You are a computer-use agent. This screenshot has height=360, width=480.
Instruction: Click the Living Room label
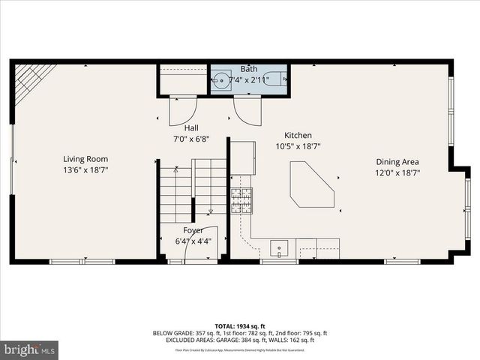pyautogui.click(x=85, y=159)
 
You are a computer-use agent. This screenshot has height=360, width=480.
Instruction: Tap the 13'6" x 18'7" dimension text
pyautogui.click(x=85, y=170)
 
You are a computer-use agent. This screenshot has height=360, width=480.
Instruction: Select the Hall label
pyautogui.click(x=190, y=128)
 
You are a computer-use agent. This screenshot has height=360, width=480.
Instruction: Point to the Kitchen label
pyautogui.click(x=298, y=135)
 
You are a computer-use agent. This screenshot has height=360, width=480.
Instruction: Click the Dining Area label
pyautogui.click(x=397, y=161)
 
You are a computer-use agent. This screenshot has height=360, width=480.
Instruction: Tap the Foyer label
pyautogui.click(x=193, y=230)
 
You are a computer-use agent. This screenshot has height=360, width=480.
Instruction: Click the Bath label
pyautogui.click(x=248, y=69)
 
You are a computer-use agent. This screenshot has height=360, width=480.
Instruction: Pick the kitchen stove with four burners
pyautogui.click(x=241, y=198)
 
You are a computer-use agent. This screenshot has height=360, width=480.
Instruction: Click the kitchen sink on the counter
pyautogui.click(x=279, y=247)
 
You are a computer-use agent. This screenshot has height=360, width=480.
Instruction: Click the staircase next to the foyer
pyautogui.click(x=192, y=191)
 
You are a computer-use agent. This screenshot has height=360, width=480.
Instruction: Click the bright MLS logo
pyautogui.click(x=30, y=349)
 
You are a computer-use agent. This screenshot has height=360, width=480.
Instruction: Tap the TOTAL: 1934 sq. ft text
pyautogui.click(x=240, y=326)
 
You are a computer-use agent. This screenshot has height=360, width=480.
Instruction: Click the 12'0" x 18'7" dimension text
pyautogui.click(x=397, y=172)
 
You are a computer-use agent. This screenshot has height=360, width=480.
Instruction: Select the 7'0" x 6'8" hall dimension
pyautogui.click(x=190, y=139)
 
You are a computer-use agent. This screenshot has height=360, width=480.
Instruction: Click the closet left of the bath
pyautogui.click(x=182, y=80)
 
